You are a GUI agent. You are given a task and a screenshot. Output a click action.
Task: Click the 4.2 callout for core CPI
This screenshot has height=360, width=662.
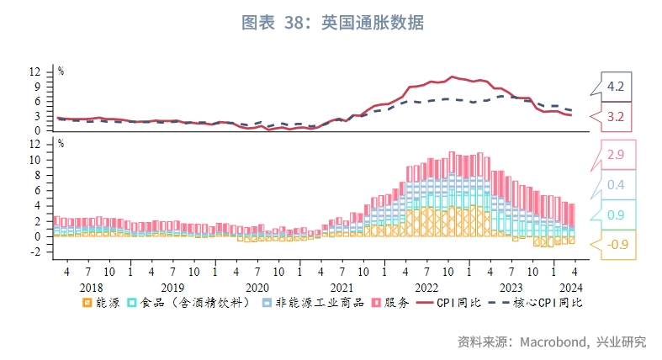point(615,86)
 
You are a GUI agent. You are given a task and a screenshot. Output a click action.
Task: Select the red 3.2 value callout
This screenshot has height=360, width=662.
point(615,115)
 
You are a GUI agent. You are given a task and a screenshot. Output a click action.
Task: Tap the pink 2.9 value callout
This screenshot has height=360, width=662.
point(615,156)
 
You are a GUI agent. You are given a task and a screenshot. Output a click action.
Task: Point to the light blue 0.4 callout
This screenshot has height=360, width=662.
point(615,185)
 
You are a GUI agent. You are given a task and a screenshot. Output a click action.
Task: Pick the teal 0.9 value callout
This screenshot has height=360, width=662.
point(615,214)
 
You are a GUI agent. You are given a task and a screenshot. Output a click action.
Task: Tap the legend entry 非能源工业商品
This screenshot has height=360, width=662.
point(310,302)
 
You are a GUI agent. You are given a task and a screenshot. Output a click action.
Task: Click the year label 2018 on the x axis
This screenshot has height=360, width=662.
point(87,287)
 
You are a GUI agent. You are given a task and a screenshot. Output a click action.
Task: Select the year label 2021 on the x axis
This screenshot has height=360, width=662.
point(342,287)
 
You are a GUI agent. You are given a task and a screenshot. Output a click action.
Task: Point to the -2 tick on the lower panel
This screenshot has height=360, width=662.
point(35,251)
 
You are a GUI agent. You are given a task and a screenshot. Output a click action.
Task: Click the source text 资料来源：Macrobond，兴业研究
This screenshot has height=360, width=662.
point(551,341)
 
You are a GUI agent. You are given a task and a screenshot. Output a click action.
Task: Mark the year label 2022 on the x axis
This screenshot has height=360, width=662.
point(426,287)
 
